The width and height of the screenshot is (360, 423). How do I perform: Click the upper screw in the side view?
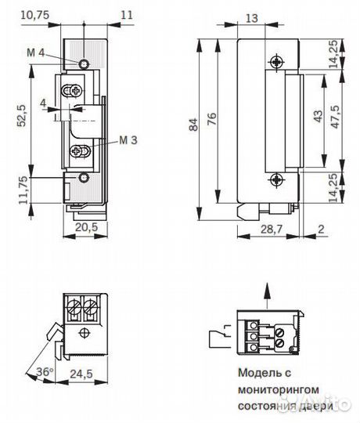click(x=276, y=62)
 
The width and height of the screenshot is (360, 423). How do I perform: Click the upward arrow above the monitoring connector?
click(x=269, y=293)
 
